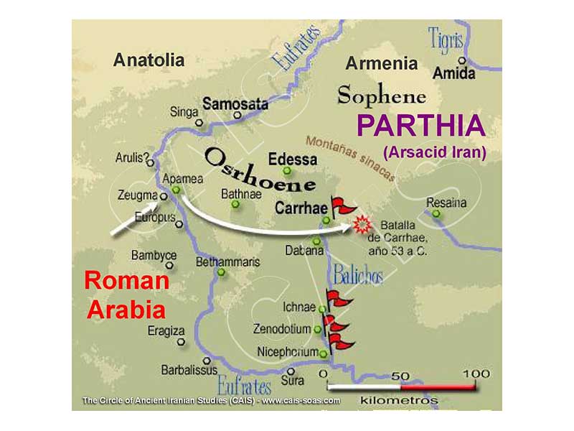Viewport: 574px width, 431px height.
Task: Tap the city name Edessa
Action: pyautogui.click(x=292, y=159)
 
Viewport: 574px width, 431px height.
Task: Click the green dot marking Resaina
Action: pyautogui.click(x=436, y=214)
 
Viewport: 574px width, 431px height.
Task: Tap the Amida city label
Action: pyautogui.click(x=454, y=74)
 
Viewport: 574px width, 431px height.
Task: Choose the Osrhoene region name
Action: pyautogui.click(x=260, y=170)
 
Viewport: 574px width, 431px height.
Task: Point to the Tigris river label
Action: pyautogui.click(x=446, y=40)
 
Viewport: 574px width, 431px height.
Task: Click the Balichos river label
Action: pyautogui.click(x=357, y=274)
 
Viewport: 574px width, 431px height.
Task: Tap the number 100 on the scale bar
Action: pyautogui.click(x=475, y=374)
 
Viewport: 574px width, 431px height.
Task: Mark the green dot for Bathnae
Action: pyautogui.click(x=235, y=205)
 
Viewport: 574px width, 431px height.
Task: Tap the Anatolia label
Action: pyautogui.click(x=149, y=60)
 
